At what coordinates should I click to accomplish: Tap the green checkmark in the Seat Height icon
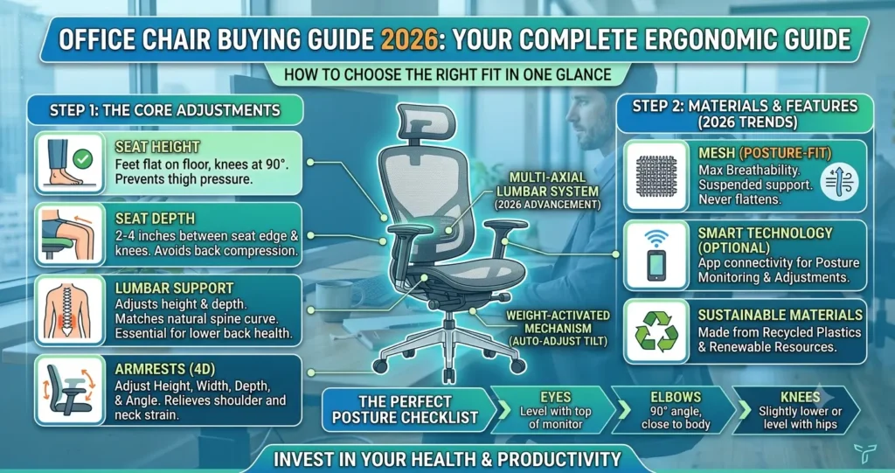tap(83, 158)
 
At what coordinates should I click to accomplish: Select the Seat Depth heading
tap(155, 219)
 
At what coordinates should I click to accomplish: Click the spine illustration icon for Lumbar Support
tap(67, 310)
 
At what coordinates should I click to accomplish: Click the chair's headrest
tap(427, 122)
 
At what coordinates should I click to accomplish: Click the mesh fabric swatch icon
tap(656, 176)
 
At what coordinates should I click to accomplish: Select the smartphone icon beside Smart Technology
tap(656, 265)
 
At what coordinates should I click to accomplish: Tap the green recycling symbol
tap(656, 331)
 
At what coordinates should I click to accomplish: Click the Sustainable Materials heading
tap(781, 316)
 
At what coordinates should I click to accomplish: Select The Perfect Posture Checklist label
tap(405, 409)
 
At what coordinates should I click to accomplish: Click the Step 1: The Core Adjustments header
tap(165, 110)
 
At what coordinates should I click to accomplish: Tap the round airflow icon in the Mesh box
tap(838, 184)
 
